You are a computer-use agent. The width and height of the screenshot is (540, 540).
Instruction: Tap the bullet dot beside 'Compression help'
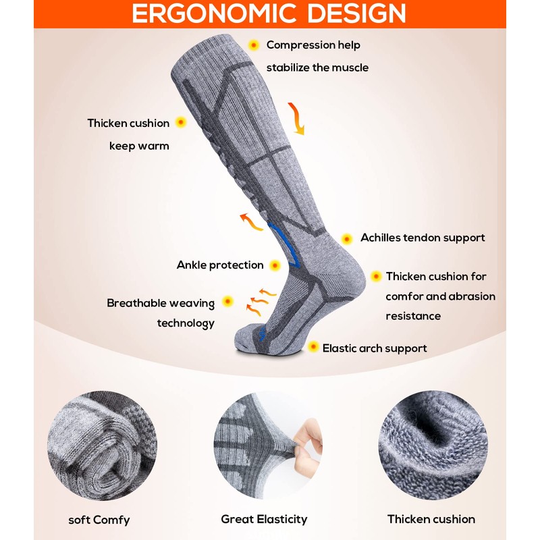(254, 45)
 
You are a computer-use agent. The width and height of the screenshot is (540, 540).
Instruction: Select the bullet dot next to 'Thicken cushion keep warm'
(181, 123)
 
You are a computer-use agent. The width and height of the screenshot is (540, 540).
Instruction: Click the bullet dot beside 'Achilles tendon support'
(347, 238)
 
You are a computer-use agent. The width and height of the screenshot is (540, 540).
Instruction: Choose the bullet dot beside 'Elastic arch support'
(313, 347)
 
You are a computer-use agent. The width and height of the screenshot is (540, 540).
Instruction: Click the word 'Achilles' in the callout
(382, 238)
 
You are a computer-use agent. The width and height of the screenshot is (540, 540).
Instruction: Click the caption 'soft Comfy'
(99, 520)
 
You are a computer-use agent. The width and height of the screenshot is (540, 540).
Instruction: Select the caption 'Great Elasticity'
(264, 519)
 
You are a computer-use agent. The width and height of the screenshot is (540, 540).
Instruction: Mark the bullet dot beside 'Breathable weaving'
(228, 302)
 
